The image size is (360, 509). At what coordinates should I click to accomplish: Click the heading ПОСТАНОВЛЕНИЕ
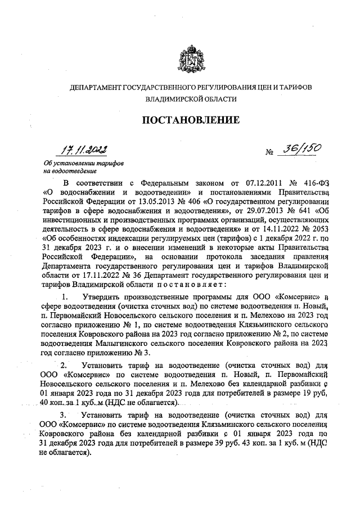[x=190, y=120]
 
